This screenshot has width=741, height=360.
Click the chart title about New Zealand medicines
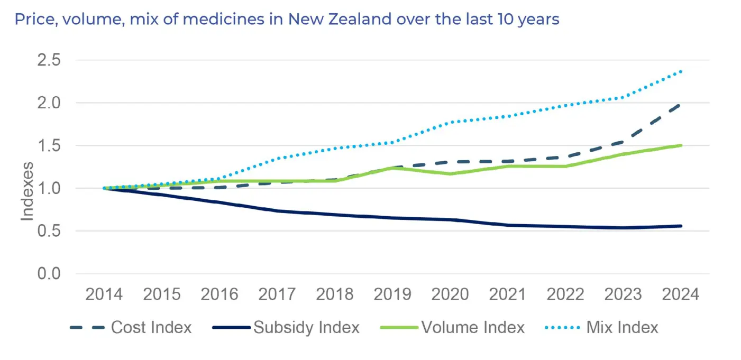(287, 20)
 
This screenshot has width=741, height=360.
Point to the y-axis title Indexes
(28, 191)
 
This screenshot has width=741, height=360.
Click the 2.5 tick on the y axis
(49, 60)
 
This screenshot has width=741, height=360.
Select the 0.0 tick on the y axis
(49, 274)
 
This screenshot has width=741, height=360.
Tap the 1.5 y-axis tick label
(49, 145)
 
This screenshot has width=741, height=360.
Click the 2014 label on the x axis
(105, 294)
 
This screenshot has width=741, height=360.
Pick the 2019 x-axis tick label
(393, 294)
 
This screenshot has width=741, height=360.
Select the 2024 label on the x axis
(680, 294)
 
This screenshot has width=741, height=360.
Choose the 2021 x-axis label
(508, 294)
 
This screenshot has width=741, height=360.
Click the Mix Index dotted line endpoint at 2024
(681, 71)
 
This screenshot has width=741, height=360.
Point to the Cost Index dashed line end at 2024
(680, 105)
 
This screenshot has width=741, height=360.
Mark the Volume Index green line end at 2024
(680, 145)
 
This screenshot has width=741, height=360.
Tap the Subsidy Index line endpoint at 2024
(681, 226)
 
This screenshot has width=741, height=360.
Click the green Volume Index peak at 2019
(392, 168)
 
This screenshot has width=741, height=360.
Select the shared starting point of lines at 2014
(105, 188)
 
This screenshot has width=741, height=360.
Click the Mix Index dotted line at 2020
(450, 122)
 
